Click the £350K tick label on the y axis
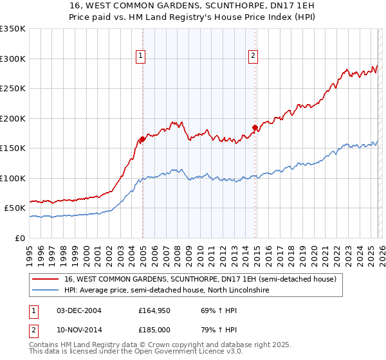point(12,29)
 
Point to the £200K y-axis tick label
point(12,118)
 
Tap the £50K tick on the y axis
point(15,208)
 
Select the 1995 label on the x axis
point(30,251)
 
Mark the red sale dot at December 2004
point(142,139)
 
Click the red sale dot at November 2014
point(255,127)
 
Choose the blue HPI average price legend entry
point(167,291)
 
